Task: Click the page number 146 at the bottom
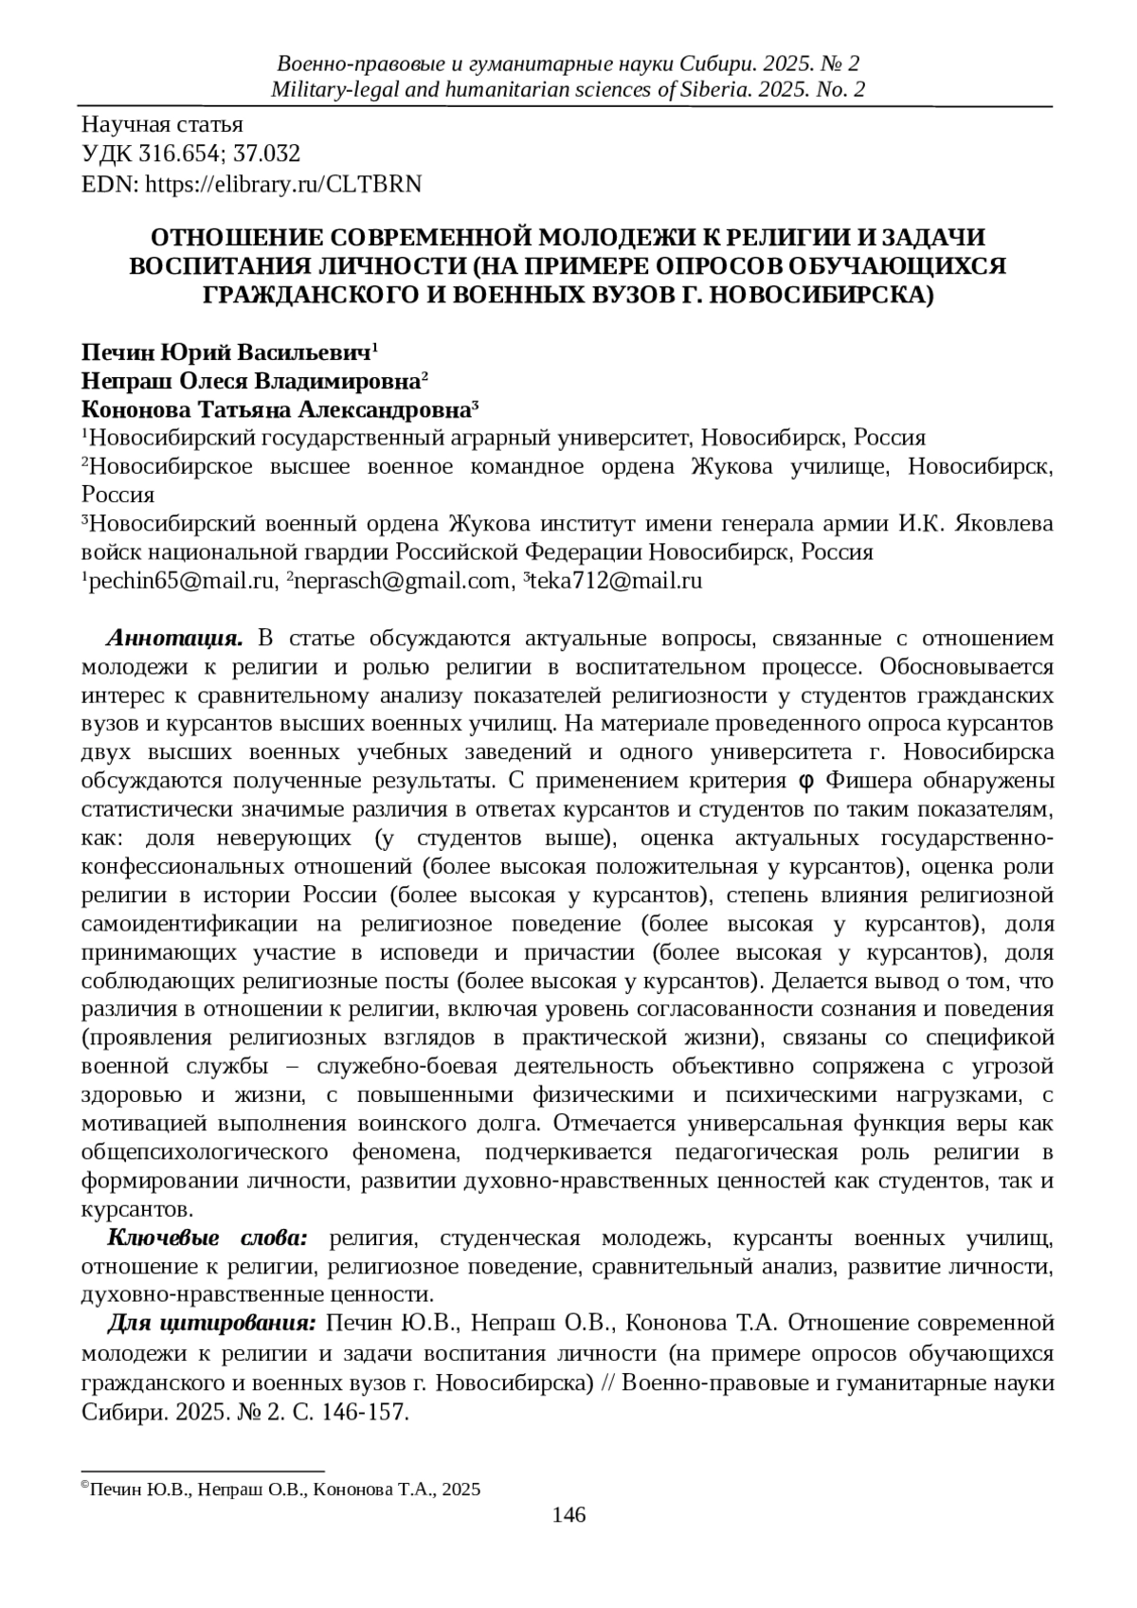(x=568, y=1514)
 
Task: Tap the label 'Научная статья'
(x=162, y=124)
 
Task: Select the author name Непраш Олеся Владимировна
(x=250, y=382)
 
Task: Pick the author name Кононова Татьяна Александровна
(x=276, y=410)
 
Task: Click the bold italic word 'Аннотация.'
(x=176, y=638)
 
